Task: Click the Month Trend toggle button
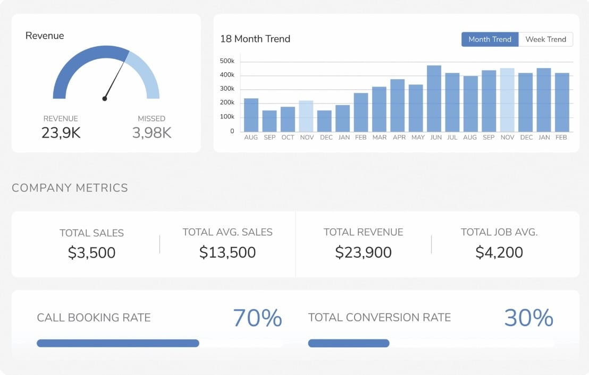[x=490, y=39]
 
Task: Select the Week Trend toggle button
[x=545, y=39]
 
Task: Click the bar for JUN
[x=434, y=99]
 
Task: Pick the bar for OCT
[x=288, y=119]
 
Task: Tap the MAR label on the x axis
[x=380, y=138]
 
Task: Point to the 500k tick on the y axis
[x=227, y=62]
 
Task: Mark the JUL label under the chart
[x=452, y=138]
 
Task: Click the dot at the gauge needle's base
[x=105, y=98]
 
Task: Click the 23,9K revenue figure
[x=61, y=132]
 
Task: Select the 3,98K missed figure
[x=152, y=132]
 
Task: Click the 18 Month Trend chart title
[x=255, y=39]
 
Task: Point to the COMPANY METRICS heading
[x=70, y=187]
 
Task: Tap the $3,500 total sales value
[x=91, y=253]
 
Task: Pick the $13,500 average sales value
[x=228, y=252]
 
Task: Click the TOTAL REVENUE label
[x=363, y=232]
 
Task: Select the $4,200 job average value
[x=499, y=252]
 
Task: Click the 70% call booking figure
[x=257, y=318]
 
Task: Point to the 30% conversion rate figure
[x=528, y=318]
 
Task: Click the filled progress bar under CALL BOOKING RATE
[x=118, y=343]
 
